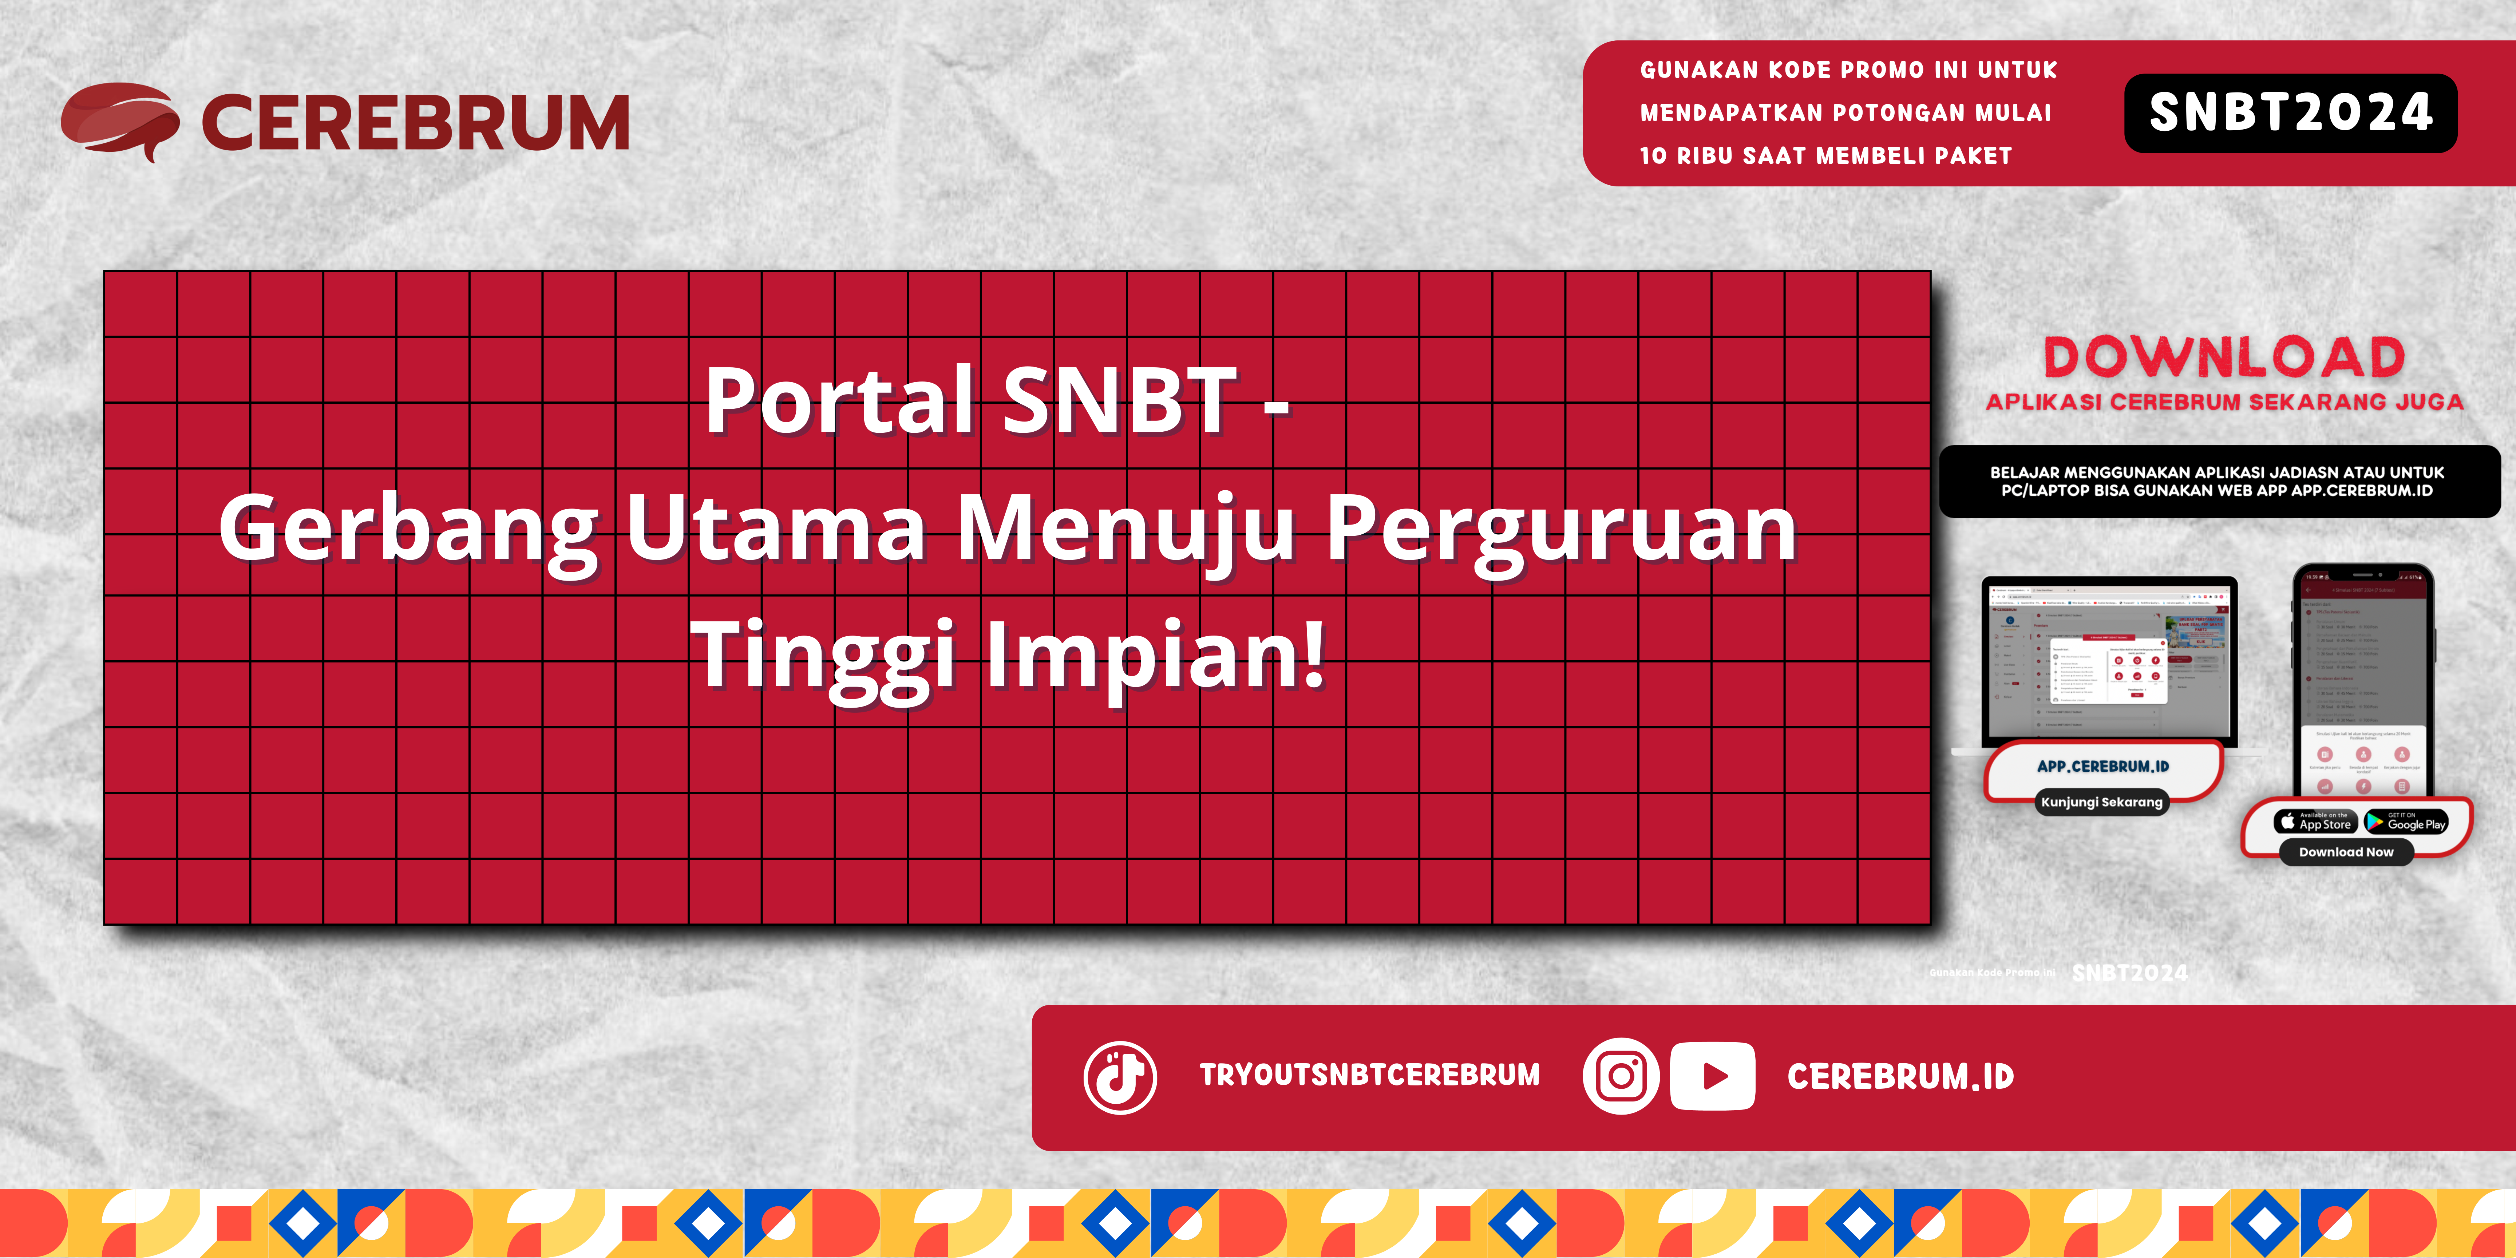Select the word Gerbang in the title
tap(408, 527)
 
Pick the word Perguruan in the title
tap(1561, 527)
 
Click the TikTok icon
tap(1120, 1077)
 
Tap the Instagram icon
tap(1620, 1076)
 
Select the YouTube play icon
tap(1712, 1076)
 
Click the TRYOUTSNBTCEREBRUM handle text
tap(1369, 1075)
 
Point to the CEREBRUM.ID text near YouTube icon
tap(1900, 1076)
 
